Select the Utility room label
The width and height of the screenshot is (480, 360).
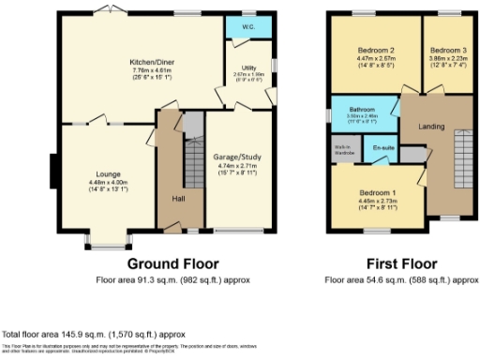(x=248, y=67)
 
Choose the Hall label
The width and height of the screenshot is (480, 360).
(x=177, y=199)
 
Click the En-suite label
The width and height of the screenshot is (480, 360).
(x=382, y=148)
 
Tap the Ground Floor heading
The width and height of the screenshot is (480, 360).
(x=172, y=263)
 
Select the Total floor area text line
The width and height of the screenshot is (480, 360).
(x=94, y=334)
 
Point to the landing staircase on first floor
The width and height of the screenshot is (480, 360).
(x=461, y=159)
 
